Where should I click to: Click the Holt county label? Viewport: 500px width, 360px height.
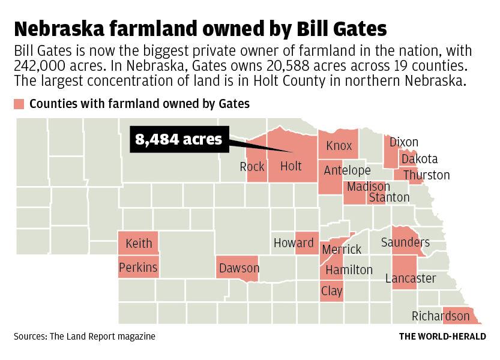pyautogui.click(x=291, y=166)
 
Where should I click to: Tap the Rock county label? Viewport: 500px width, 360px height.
pyautogui.click(x=252, y=167)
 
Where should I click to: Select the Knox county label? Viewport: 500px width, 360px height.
pyautogui.click(x=339, y=146)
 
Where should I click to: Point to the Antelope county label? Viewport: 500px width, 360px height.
pyautogui.click(x=347, y=170)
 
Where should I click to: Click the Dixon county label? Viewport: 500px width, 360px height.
pyautogui.click(x=403, y=142)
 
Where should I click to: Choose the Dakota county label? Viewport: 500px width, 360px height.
pyautogui.click(x=420, y=159)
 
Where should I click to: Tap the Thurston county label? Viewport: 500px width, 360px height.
pyautogui.click(x=426, y=175)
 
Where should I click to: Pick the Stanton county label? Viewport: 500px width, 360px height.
pyautogui.click(x=389, y=197)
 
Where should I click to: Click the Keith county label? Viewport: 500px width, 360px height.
pyautogui.click(x=139, y=244)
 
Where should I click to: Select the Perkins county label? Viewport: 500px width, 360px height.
pyautogui.click(x=138, y=267)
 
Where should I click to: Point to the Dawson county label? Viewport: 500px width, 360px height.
pyautogui.click(x=239, y=268)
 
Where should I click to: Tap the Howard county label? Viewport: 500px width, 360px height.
pyautogui.click(x=294, y=243)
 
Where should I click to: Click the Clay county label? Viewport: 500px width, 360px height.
pyautogui.click(x=332, y=291)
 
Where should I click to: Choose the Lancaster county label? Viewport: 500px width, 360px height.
pyautogui.click(x=411, y=278)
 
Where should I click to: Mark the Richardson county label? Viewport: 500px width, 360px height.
pyautogui.click(x=441, y=316)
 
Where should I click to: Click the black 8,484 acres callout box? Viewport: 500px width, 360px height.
pyautogui.click(x=178, y=140)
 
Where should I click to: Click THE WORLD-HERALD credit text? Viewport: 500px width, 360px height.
pyautogui.click(x=442, y=337)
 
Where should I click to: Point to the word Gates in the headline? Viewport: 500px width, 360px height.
pyautogui.click(x=348, y=28)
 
